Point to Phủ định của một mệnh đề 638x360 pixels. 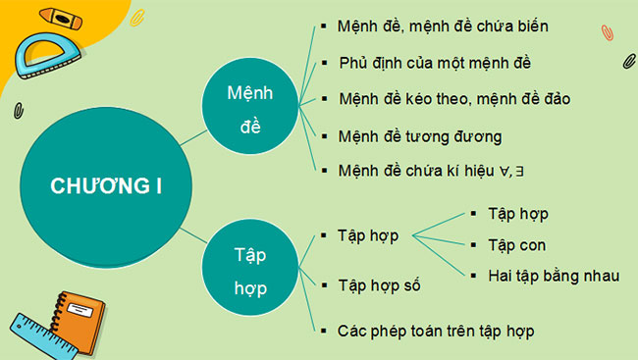coord(432,62)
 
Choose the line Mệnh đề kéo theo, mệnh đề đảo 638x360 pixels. coord(452,99)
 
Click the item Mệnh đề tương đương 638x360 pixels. coord(419,136)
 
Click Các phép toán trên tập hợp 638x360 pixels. coord(436,331)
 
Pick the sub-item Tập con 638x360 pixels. coord(516,245)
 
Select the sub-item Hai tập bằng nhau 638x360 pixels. coord(553,276)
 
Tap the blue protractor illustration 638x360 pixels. coord(45,54)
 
